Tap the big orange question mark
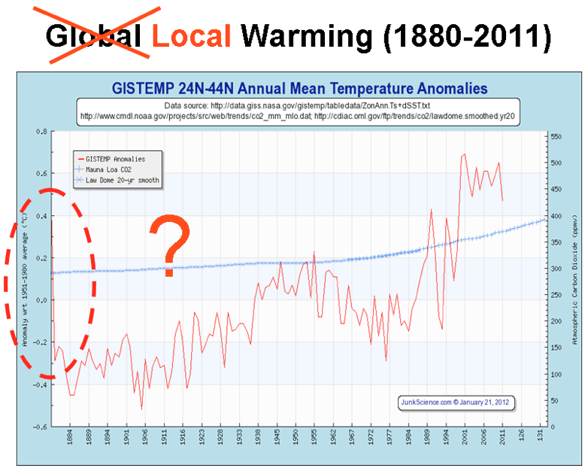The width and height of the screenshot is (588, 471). pos(171,245)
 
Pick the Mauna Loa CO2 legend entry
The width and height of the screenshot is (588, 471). pos(113,170)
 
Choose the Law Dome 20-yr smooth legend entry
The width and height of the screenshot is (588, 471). pos(122,181)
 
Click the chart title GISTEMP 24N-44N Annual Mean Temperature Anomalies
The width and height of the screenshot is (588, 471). pos(299,88)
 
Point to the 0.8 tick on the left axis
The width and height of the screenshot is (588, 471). pos(41,132)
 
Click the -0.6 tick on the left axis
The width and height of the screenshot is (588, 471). pos(40,427)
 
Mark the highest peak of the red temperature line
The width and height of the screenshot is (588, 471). pos(464,154)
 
